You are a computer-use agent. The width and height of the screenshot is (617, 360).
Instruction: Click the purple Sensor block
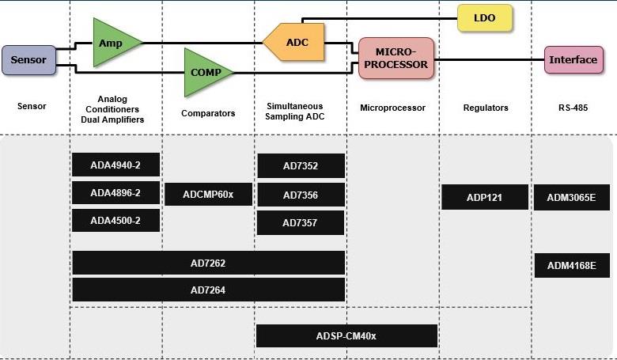click(28, 60)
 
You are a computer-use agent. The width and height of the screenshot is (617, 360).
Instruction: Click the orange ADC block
click(295, 43)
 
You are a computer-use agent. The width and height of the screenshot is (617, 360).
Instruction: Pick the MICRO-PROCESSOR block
click(396, 59)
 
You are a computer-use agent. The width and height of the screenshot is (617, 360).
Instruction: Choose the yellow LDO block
click(485, 17)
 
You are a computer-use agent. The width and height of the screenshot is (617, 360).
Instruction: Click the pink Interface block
click(574, 60)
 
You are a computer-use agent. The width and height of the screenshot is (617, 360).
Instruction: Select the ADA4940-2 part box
click(115, 165)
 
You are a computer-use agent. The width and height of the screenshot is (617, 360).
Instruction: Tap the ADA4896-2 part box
click(115, 193)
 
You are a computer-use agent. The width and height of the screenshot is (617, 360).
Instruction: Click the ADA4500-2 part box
click(115, 221)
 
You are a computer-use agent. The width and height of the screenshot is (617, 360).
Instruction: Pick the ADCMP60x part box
click(208, 195)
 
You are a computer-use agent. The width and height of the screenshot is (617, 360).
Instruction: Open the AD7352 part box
click(301, 166)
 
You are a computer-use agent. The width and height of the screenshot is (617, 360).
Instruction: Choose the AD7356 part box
click(301, 195)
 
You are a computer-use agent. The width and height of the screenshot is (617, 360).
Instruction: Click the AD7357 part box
click(301, 223)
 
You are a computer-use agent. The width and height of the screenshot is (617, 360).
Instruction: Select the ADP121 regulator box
click(484, 198)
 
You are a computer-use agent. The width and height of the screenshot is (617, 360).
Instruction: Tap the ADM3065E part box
click(571, 198)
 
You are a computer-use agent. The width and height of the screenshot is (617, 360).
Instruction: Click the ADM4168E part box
click(571, 266)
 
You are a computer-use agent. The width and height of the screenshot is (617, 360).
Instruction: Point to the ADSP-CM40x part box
click(346, 336)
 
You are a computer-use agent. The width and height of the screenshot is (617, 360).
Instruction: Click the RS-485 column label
click(572, 108)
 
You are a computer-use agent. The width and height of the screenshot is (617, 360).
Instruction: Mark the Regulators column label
click(485, 108)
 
